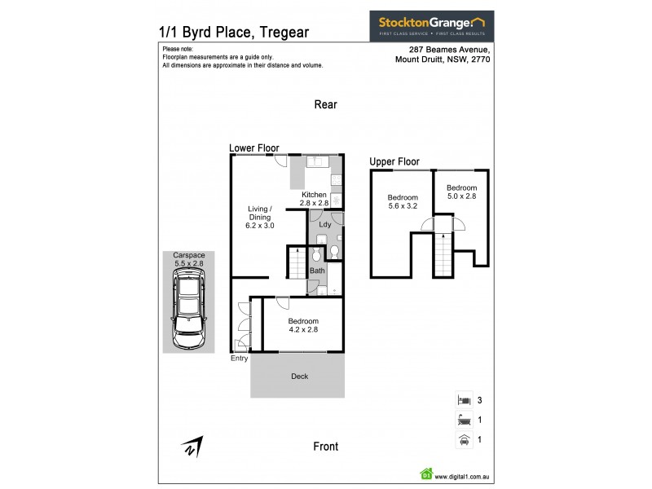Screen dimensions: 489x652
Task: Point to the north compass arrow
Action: coord(192,447)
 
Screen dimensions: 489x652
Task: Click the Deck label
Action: coord(300,377)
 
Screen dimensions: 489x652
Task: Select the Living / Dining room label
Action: coord(261,217)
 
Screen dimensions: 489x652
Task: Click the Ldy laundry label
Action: coord(324,223)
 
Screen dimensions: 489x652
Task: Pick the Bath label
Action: coord(316,270)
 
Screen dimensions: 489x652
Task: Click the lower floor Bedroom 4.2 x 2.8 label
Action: coord(303,325)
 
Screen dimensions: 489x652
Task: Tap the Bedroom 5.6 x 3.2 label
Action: coord(403,202)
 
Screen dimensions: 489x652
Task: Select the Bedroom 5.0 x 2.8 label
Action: coord(460,192)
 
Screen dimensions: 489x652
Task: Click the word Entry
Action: coord(240,359)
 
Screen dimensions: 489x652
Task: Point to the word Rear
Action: coord(326,104)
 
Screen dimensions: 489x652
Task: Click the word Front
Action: coord(325,447)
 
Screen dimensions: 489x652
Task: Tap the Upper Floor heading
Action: coord(394,161)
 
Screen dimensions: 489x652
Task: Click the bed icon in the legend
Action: coord(463,400)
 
